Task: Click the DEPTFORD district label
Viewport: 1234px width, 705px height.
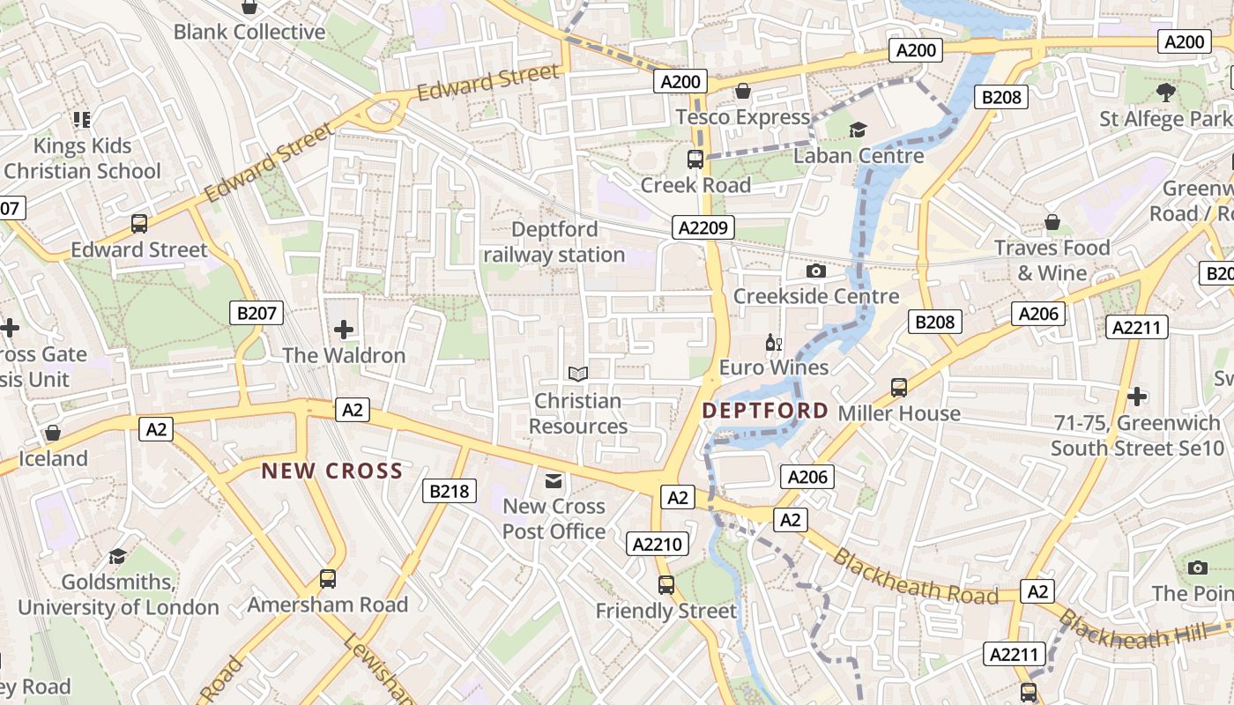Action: click(x=765, y=411)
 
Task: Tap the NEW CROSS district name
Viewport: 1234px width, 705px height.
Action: click(x=331, y=471)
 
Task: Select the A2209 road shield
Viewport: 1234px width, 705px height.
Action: click(x=703, y=228)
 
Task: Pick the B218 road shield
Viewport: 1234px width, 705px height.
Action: click(x=450, y=491)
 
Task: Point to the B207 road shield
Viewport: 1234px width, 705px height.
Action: click(x=257, y=312)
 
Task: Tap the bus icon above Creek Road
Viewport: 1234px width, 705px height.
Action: click(x=695, y=160)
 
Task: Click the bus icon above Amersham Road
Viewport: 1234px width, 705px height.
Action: click(x=328, y=579)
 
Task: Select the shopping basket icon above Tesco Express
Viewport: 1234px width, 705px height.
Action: click(x=743, y=92)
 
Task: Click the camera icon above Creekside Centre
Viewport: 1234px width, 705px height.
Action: click(x=816, y=271)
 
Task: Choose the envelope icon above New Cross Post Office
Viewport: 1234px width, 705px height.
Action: click(x=554, y=480)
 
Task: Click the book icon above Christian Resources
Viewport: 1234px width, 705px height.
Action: click(x=577, y=375)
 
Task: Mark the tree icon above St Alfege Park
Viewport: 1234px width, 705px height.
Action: click(x=1166, y=92)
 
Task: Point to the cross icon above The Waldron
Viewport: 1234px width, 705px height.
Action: click(x=344, y=330)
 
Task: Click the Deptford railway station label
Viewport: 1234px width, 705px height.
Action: click(x=554, y=242)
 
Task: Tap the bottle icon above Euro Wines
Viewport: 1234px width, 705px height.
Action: click(x=774, y=342)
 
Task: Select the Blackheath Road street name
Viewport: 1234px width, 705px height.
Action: click(x=915, y=577)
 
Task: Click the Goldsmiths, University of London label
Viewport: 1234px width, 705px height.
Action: click(x=118, y=595)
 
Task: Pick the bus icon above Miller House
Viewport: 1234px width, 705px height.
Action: click(x=899, y=387)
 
